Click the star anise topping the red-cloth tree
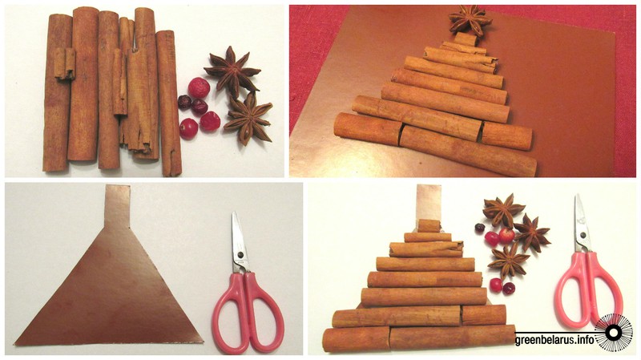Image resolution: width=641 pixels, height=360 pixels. point(470,19)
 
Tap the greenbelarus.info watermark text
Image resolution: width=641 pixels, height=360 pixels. point(554,340)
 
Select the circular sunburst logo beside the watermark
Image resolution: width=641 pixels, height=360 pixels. point(613,332)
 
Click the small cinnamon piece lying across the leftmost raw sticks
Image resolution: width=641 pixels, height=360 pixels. point(65,63)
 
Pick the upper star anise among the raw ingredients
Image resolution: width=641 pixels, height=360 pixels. point(232,71)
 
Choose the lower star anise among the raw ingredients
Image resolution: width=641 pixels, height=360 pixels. point(248,118)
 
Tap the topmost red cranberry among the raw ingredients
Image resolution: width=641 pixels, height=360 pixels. point(199,87)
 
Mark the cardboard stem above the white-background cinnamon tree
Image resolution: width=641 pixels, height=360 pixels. point(429,203)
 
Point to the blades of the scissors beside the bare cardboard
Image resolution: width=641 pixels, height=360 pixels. point(240,241)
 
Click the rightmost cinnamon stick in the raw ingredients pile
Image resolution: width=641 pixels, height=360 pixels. point(169,103)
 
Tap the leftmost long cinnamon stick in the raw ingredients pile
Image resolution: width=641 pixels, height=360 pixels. point(57,92)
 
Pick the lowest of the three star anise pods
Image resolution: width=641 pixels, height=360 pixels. point(508,259)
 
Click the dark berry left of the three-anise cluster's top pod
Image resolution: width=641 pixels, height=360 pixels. point(479,228)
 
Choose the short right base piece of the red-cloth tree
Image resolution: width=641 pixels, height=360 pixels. point(506,136)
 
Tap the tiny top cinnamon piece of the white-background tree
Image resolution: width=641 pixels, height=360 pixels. point(429,226)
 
